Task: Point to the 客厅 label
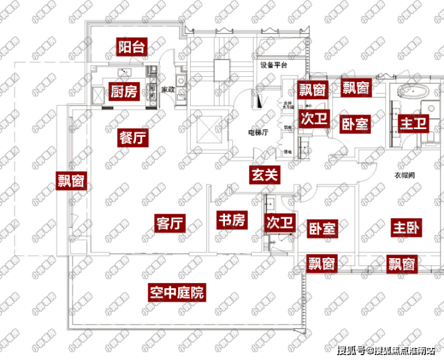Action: pyautogui.click(x=169, y=223)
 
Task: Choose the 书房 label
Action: pyautogui.click(x=231, y=220)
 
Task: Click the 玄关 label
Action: pyautogui.click(x=265, y=175)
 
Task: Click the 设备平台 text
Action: pyautogui.click(x=274, y=65)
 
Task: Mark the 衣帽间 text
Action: pyautogui.click(x=405, y=175)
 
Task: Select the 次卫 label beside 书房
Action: pyautogui.click(x=280, y=223)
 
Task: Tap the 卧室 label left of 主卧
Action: pyautogui.click(x=323, y=229)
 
